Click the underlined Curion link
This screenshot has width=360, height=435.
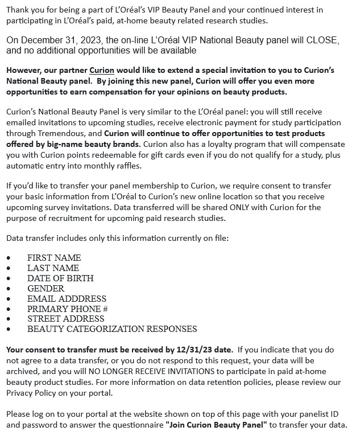pos(102,71)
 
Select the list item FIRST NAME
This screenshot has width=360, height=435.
pos(54,258)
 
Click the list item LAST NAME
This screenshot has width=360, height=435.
pos(53,268)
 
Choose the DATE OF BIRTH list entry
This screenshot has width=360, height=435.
pos(60,278)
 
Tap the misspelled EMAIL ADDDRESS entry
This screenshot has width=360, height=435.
pos(67,298)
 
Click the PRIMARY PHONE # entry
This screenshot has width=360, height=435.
pos(68,309)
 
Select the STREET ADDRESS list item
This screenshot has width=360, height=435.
pos(66,319)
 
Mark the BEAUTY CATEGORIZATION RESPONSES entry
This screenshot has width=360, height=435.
pos(112,329)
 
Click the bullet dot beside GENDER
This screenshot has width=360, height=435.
pos(9,289)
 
